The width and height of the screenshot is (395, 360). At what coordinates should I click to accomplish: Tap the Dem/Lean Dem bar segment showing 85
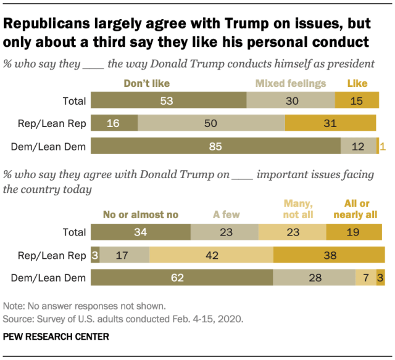point(216,146)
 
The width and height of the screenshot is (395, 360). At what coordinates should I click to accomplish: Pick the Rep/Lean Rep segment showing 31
point(330,123)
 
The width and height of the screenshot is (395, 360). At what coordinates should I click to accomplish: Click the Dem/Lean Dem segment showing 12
point(359,146)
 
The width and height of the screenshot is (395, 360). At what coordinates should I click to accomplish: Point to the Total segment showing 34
point(141,232)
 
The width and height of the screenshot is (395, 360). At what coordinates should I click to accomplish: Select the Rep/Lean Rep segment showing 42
point(211,255)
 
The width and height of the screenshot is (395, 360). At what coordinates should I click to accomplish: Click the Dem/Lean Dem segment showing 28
point(314,278)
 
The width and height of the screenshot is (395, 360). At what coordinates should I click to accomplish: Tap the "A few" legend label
point(227,215)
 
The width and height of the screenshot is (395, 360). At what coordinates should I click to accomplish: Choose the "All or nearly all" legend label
point(355,210)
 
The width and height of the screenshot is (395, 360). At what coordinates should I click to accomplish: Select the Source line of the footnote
point(123,319)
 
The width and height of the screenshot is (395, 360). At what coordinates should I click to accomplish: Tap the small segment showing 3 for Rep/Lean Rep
point(95,255)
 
